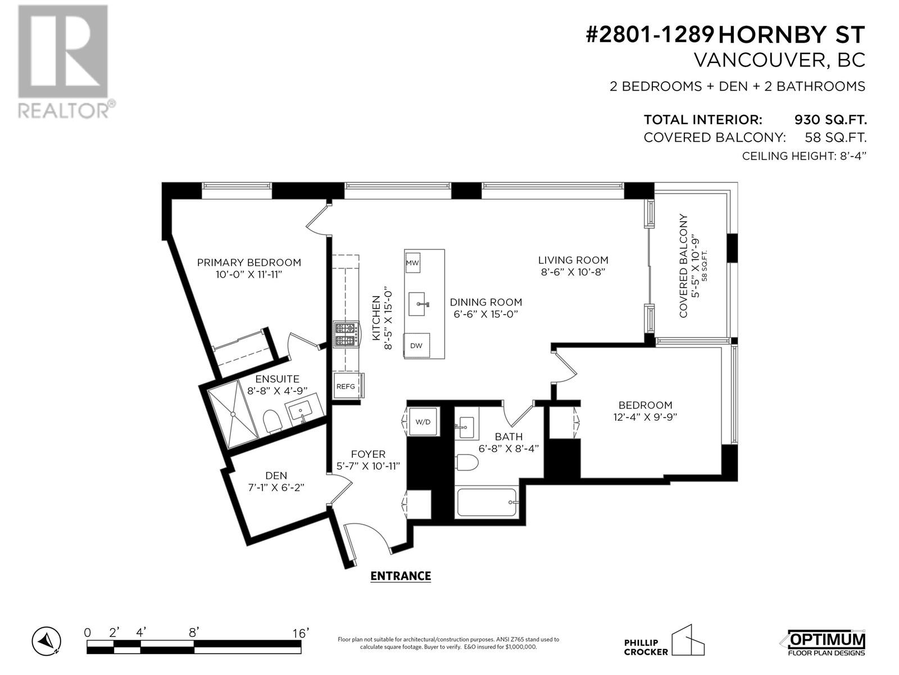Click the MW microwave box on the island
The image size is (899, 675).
412,263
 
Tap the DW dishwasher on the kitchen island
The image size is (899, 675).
416,345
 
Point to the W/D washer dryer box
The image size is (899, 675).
423,422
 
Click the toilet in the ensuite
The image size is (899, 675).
272,421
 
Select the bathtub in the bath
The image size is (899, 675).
487,502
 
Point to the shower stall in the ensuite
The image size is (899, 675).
233,415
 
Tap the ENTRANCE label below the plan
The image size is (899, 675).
400,576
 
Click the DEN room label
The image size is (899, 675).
276,475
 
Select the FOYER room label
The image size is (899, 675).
368,454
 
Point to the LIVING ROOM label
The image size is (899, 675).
573,260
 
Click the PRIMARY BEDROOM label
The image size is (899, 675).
249,262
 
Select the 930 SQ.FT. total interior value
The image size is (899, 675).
830,120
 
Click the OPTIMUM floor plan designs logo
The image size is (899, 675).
826,643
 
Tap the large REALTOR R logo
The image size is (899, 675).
63,52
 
